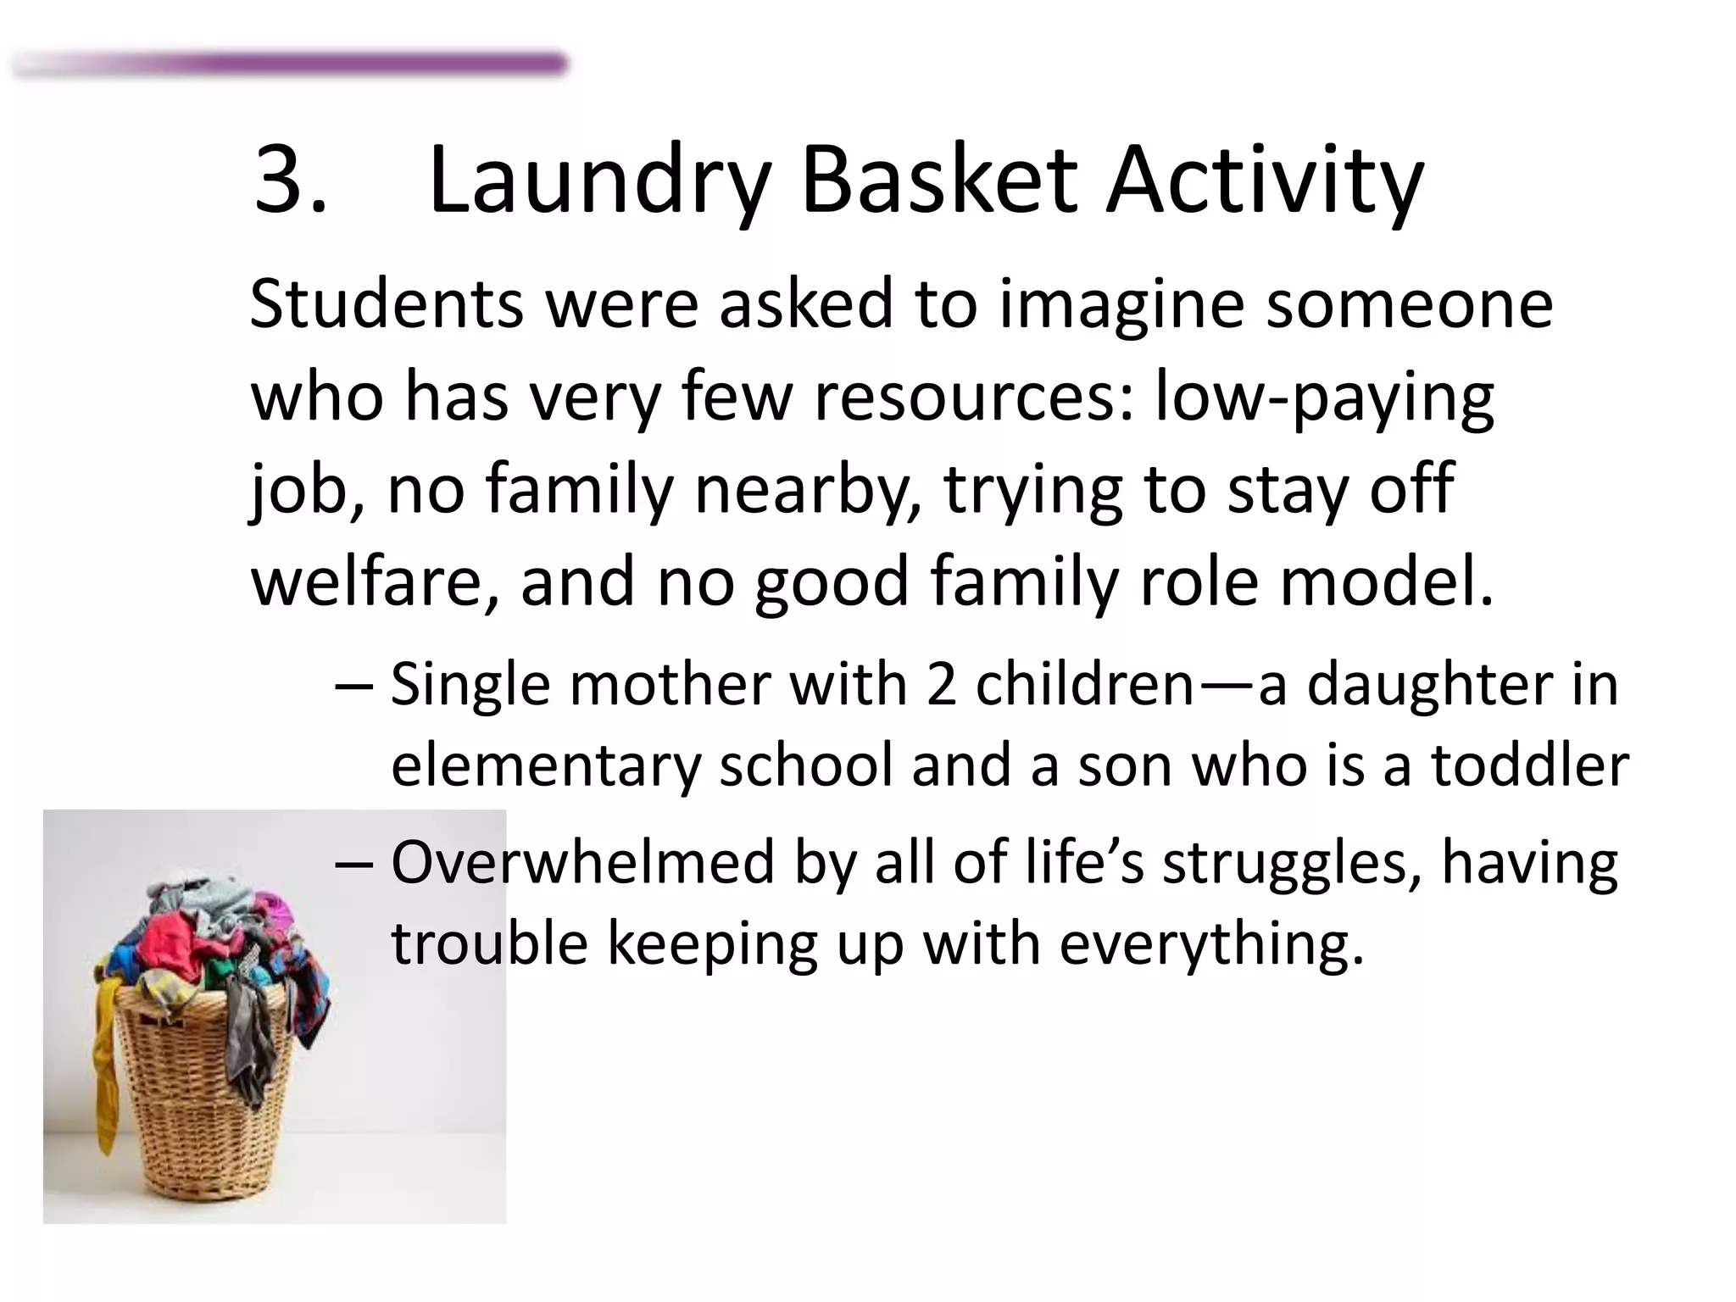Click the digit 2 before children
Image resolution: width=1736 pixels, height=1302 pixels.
pos(942,684)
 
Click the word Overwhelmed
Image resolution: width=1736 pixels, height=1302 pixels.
pos(583,862)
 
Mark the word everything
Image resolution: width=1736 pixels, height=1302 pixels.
pos(1211,944)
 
